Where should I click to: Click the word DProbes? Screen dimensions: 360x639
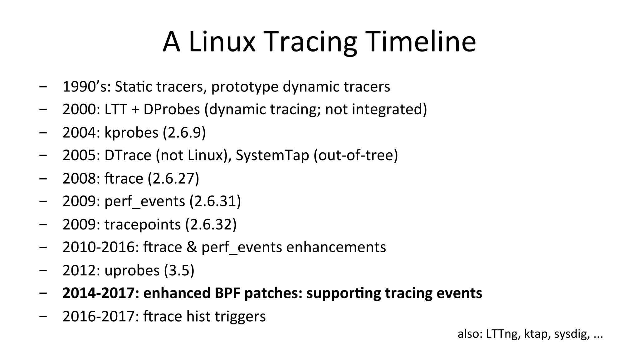[x=172, y=110]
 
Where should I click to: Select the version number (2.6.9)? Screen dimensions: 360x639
[x=184, y=133]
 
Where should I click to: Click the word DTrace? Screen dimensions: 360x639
[x=128, y=155]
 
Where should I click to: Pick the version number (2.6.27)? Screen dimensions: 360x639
[x=173, y=179]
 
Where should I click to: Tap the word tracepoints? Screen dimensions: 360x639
[x=143, y=224]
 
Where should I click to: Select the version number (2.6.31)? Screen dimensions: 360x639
[x=215, y=201]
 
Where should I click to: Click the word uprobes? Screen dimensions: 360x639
[x=132, y=270]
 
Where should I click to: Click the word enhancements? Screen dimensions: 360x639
[x=336, y=247]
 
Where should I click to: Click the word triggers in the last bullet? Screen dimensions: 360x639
[x=240, y=316]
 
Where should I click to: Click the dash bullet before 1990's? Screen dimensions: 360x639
[x=43, y=87]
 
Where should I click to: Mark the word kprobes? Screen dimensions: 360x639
[x=131, y=133]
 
